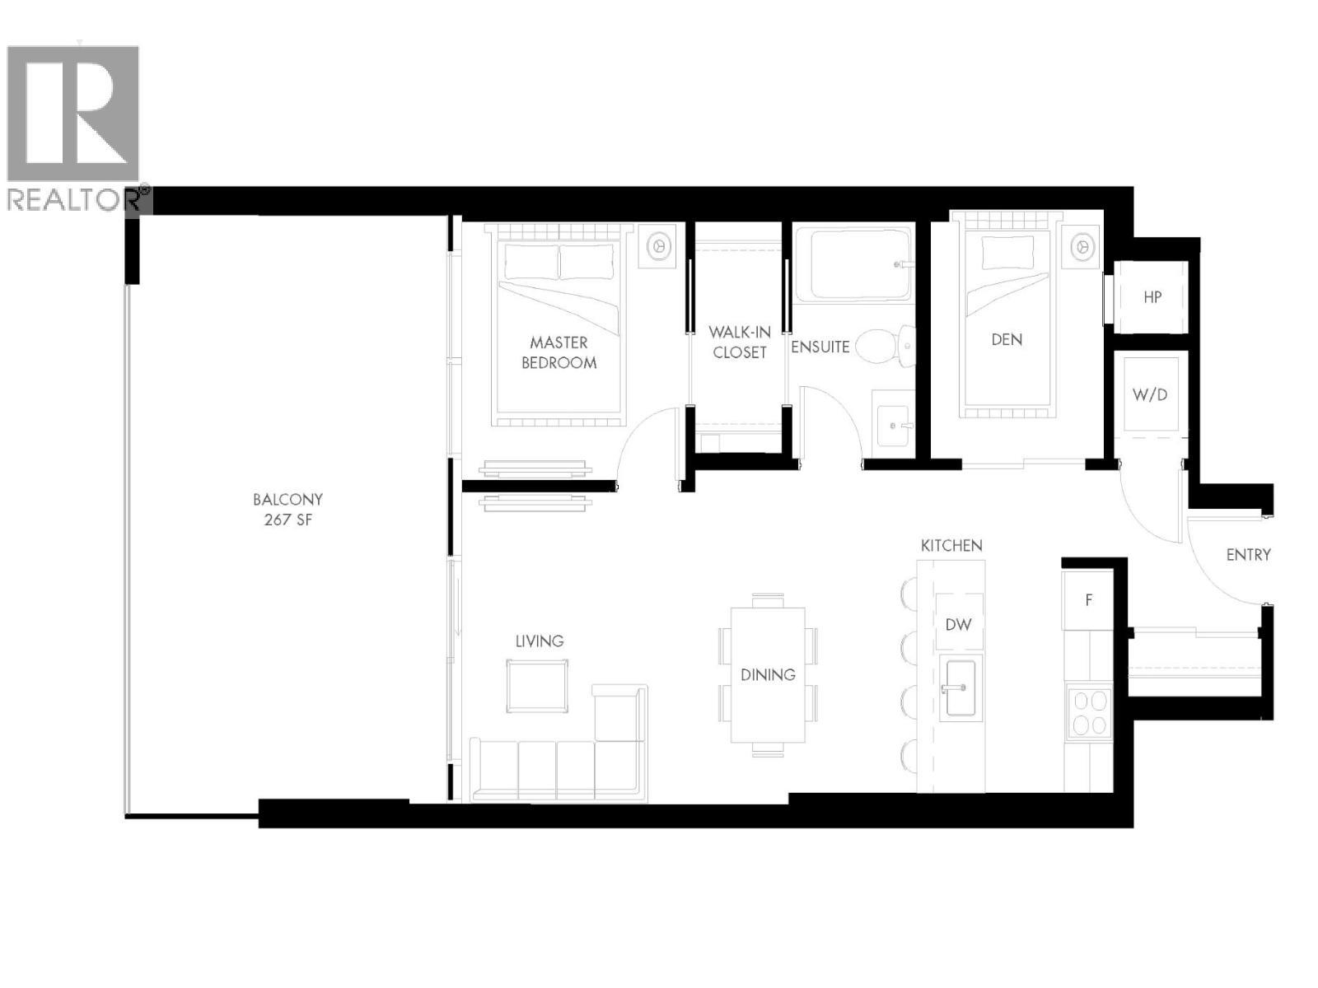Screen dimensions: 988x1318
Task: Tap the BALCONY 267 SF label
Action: [x=287, y=510]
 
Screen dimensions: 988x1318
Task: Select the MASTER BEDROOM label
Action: [x=559, y=352]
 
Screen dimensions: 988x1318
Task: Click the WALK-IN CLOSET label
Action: [x=739, y=343]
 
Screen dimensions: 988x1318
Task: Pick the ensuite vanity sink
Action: [x=892, y=424]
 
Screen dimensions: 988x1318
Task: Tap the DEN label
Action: [x=1007, y=339]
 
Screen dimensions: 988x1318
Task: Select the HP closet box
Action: [x=1152, y=297]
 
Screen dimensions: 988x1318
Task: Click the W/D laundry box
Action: [x=1150, y=394]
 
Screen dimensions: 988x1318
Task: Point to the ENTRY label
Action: [x=1248, y=555]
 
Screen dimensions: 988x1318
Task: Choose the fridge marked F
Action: [x=1088, y=600]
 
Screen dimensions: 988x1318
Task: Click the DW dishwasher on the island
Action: [x=958, y=624]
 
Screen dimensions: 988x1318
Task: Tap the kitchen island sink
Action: [x=960, y=687]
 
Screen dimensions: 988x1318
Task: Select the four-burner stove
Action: [x=1088, y=713]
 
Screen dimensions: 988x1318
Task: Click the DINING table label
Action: [x=768, y=675]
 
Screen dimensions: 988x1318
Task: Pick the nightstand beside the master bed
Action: [x=657, y=245]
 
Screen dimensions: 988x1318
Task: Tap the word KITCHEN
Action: [x=951, y=546]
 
